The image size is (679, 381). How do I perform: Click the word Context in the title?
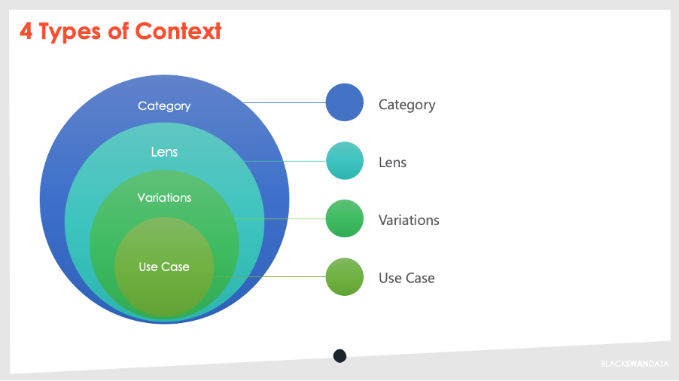pyautogui.click(x=178, y=31)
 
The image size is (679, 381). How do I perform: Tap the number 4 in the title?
pyautogui.click(x=26, y=32)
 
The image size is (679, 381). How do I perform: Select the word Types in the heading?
pyautogui.click(x=70, y=32)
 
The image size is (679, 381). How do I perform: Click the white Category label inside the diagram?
pyautogui.click(x=164, y=106)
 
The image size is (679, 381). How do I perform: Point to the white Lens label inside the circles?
pyautogui.click(x=164, y=152)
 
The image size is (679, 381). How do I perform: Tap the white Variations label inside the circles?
pyautogui.click(x=164, y=198)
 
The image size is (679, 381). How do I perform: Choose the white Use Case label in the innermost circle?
pyautogui.click(x=164, y=267)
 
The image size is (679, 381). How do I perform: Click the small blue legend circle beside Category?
pyautogui.click(x=345, y=102)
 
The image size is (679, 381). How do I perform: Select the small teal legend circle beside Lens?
pyautogui.click(x=345, y=160)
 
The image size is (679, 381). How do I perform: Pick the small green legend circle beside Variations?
pyautogui.click(x=345, y=218)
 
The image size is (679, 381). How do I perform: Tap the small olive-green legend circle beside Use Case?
pyautogui.click(x=345, y=276)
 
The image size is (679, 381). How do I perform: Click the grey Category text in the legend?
pyautogui.click(x=407, y=105)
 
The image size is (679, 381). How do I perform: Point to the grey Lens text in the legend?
pyautogui.click(x=393, y=163)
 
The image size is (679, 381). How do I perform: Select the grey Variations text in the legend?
pyautogui.click(x=409, y=221)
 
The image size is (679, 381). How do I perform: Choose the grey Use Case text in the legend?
pyautogui.click(x=406, y=278)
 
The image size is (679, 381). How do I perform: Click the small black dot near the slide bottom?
pyautogui.click(x=340, y=356)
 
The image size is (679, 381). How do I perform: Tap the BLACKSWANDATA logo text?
pyautogui.click(x=635, y=364)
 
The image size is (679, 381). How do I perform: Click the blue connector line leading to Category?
pyautogui.click(x=285, y=102)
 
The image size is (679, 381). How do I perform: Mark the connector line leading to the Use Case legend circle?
pyautogui.click(x=269, y=276)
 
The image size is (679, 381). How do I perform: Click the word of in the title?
pyautogui.click(x=118, y=31)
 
